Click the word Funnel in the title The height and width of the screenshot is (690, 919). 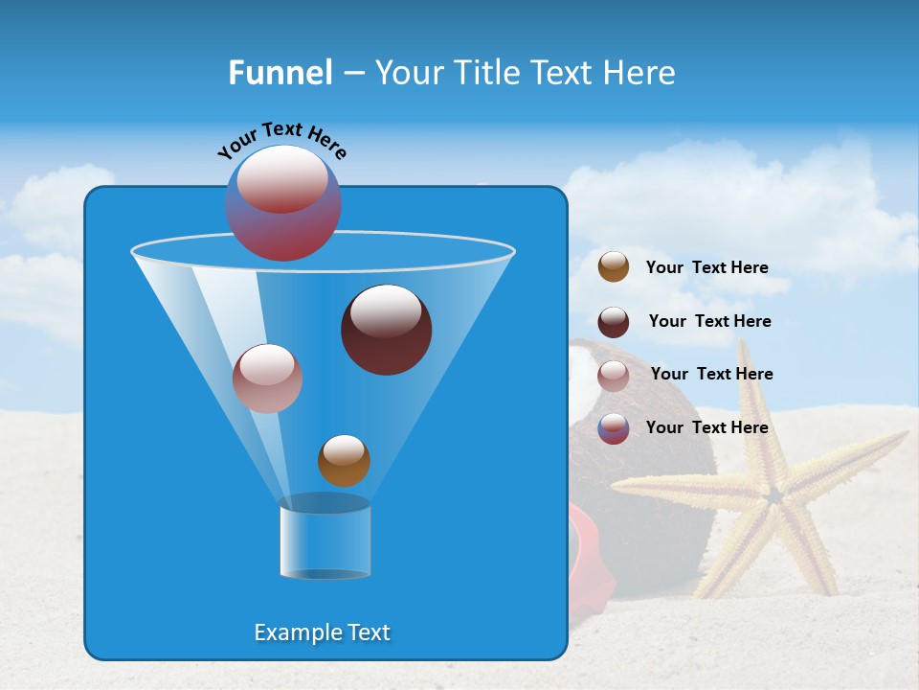click(280, 73)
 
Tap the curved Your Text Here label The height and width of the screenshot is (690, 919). click(282, 141)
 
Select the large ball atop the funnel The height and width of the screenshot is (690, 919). click(283, 203)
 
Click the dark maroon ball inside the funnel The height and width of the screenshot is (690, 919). click(386, 330)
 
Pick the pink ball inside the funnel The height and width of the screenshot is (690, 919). click(267, 379)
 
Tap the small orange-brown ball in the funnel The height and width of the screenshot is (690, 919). click(344, 461)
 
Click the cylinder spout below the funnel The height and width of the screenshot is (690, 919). click(325, 539)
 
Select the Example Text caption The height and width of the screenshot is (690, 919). click(322, 632)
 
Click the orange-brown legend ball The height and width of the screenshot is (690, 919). click(614, 267)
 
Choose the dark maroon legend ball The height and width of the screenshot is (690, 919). click(614, 322)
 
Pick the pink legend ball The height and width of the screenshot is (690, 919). click(614, 376)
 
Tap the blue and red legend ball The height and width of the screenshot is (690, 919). click(614, 428)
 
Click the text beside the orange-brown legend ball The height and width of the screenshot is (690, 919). click(706, 268)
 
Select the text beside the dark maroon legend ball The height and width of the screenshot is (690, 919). click(709, 322)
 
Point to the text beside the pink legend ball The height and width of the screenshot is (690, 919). click(711, 375)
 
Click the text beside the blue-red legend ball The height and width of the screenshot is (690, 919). click(706, 428)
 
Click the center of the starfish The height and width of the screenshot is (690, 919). click(772, 495)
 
